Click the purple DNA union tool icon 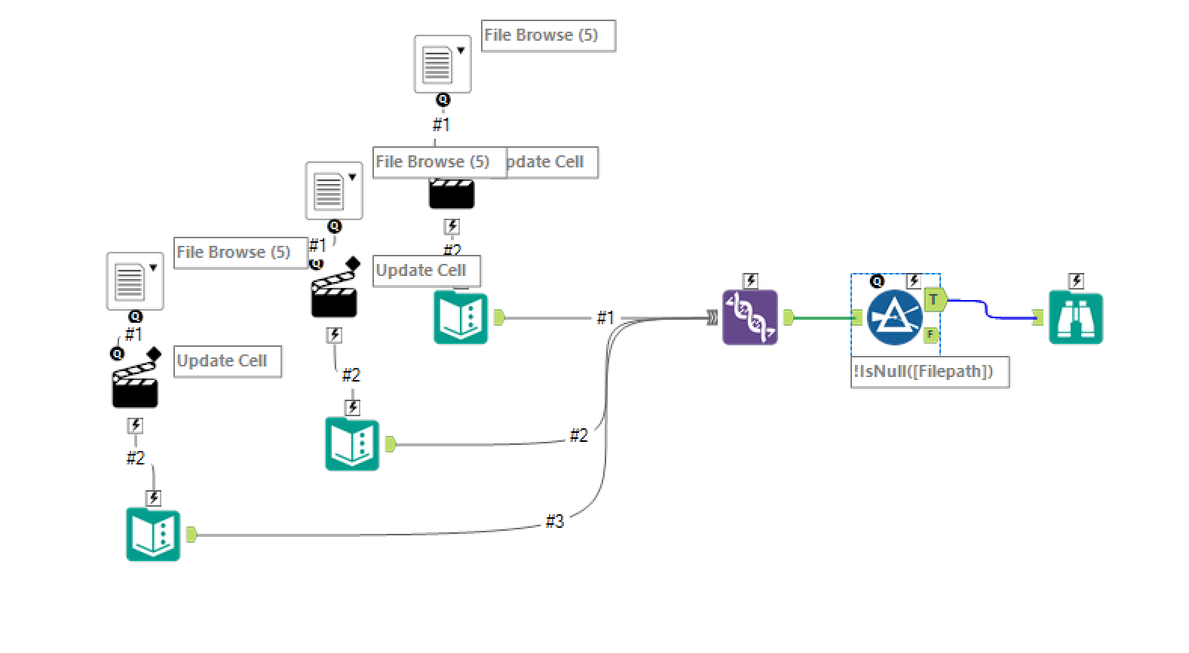[x=749, y=317]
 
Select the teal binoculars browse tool [x=1076, y=318]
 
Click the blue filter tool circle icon [x=894, y=317]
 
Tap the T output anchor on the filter [x=934, y=299]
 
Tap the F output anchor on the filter [x=930, y=334]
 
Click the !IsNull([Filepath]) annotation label [x=929, y=372]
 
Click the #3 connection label [x=554, y=521]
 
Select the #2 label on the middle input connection [x=578, y=435]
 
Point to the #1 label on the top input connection [x=605, y=317]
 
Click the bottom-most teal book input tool [x=153, y=535]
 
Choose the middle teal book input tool [x=352, y=444]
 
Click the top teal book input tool [x=461, y=317]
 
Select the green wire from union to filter [x=822, y=317]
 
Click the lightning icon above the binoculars [x=1076, y=281]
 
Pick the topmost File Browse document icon [x=442, y=64]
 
